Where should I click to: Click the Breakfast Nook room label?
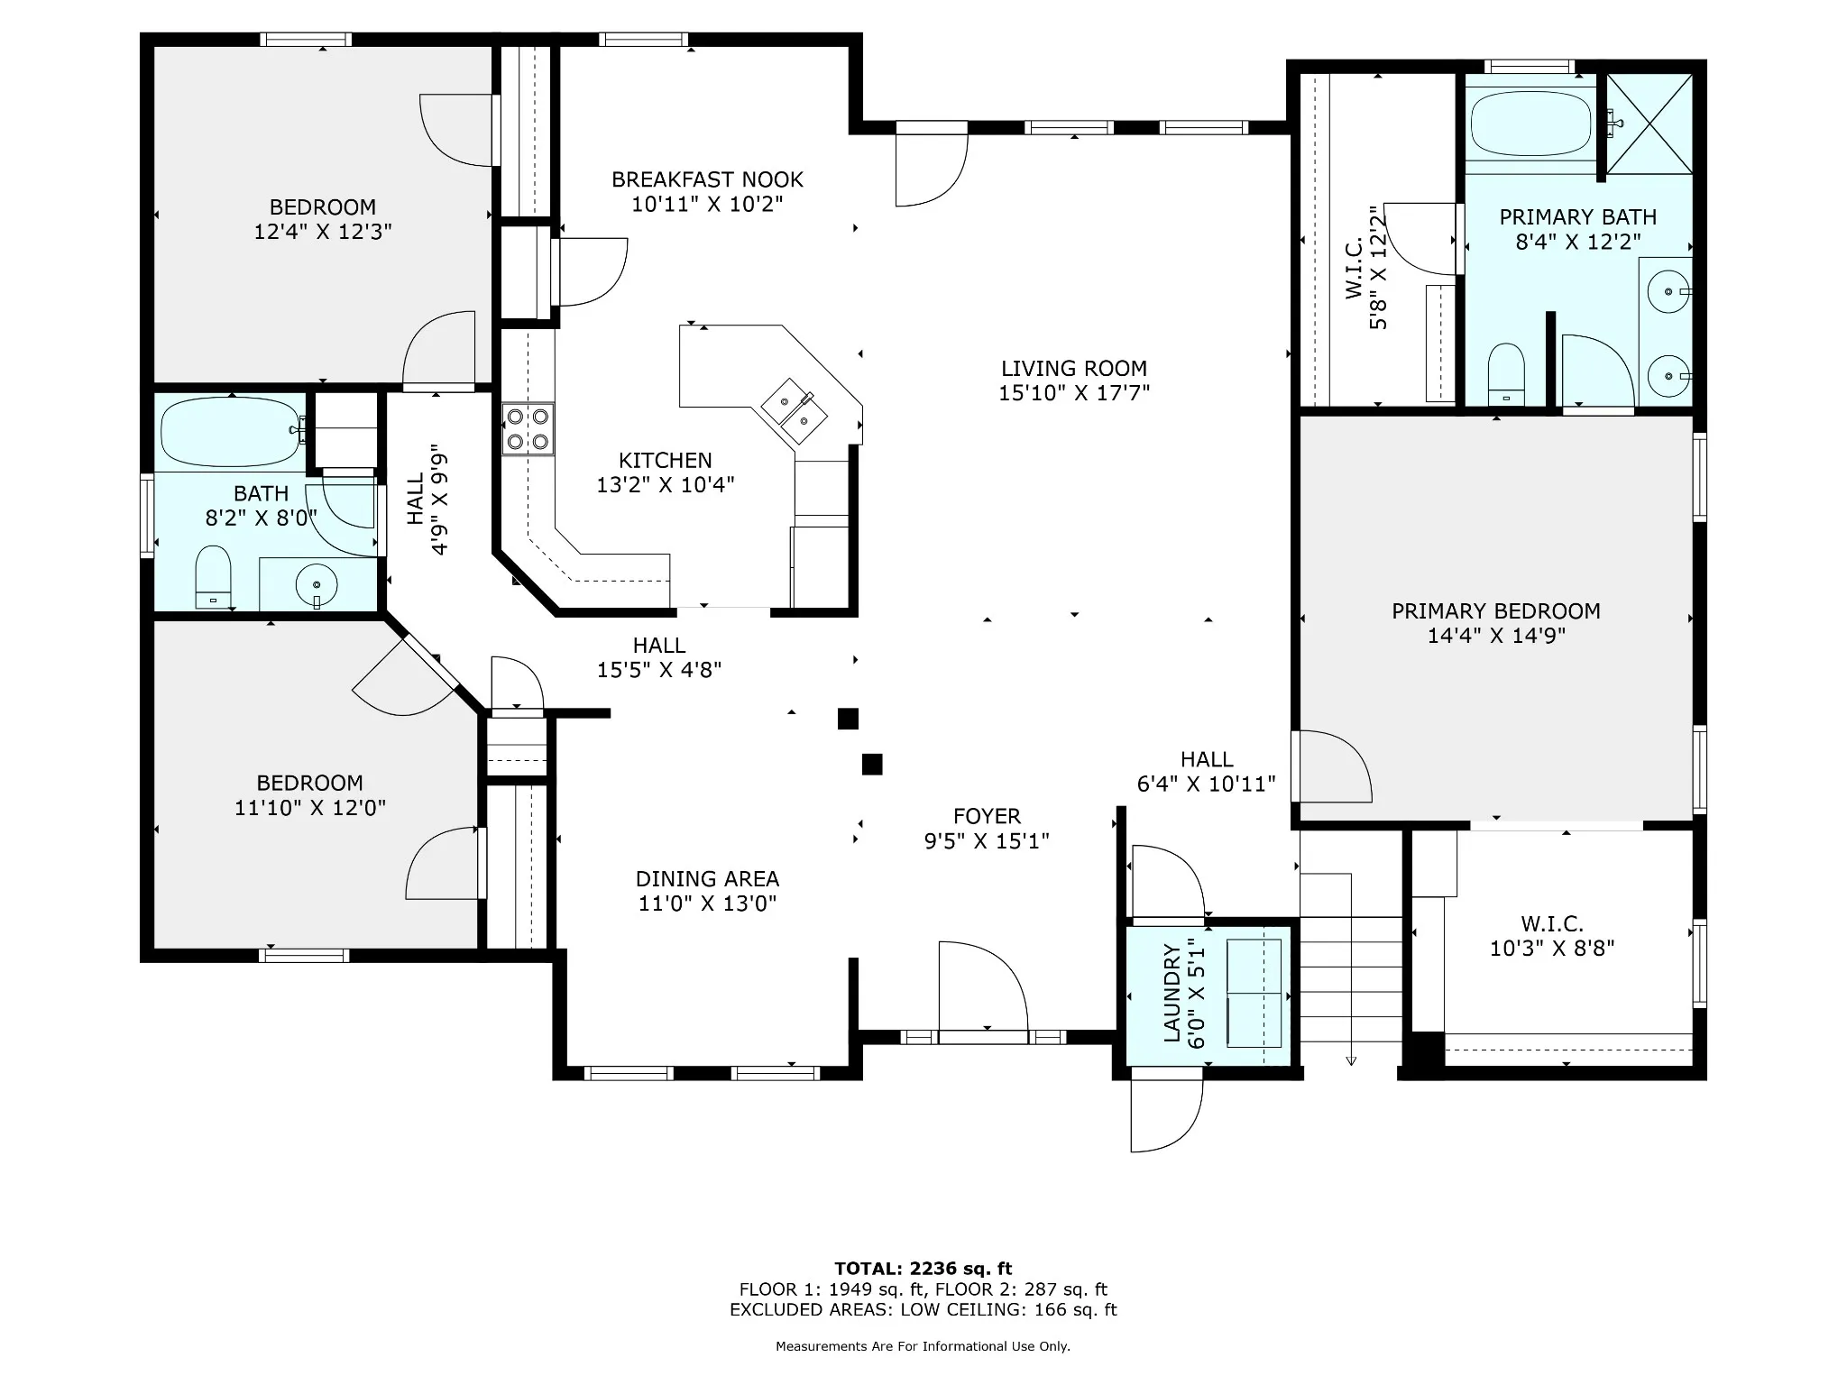[707, 179]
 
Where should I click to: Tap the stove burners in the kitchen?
[528, 429]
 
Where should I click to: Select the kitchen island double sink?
[795, 411]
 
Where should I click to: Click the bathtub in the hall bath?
[232, 433]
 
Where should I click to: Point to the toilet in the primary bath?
[1505, 373]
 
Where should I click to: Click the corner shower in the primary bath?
[1649, 124]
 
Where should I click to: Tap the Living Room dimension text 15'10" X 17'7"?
[1074, 393]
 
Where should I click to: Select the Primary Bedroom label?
[1496, 611]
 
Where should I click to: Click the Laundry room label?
[1172, 993]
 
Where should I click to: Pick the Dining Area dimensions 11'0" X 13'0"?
[708, 903]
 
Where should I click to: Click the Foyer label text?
[987, 816]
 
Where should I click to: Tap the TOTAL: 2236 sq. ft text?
[923, 1269]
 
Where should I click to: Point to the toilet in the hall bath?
[214, 576]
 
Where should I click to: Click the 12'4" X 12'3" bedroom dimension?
[323, 232]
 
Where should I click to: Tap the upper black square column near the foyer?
[848, 719]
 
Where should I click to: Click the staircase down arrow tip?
[1351, 1064]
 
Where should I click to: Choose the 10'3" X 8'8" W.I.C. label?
[1552, 949]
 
